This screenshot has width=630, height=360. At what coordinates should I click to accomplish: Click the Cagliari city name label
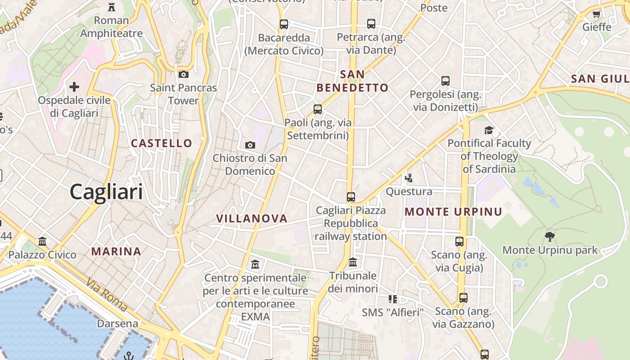click(106, 192)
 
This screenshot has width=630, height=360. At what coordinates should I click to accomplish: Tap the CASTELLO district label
click(162, 144)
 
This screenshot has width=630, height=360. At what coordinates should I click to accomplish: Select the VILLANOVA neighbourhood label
click(252, 219)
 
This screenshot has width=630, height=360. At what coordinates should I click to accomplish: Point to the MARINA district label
click(117, 252)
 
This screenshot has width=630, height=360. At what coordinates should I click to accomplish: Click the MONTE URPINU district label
click(453, 212)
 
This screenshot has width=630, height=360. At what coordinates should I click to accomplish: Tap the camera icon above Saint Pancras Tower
click(183, 75)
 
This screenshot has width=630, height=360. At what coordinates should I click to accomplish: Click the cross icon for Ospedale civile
click(74, 87)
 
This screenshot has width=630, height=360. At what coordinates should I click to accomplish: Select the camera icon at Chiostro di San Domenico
click(250, 145)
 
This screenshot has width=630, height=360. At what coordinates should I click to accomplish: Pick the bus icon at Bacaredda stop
click(284, 24)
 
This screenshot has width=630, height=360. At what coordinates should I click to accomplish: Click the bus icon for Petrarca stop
click(371, 24)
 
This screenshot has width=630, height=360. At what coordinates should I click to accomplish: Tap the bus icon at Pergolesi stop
click(445, 81)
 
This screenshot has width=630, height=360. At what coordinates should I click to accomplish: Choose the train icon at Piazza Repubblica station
click(351, 197)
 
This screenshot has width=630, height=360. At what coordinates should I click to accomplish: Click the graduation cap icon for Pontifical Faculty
click(489, 130)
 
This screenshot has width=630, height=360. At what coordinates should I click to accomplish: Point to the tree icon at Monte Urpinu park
click(549, 237)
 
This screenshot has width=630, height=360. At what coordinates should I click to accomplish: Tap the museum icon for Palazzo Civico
click(42, 242)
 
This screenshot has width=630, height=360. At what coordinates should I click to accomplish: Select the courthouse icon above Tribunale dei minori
click(353, 262)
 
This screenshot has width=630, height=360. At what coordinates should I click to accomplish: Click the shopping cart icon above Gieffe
click(597, 14)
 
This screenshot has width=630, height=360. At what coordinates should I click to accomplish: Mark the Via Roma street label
click(107, 295)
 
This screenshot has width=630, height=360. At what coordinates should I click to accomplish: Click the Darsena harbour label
click(117, 324)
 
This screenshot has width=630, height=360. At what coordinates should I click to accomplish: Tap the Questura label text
click(409, 192)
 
